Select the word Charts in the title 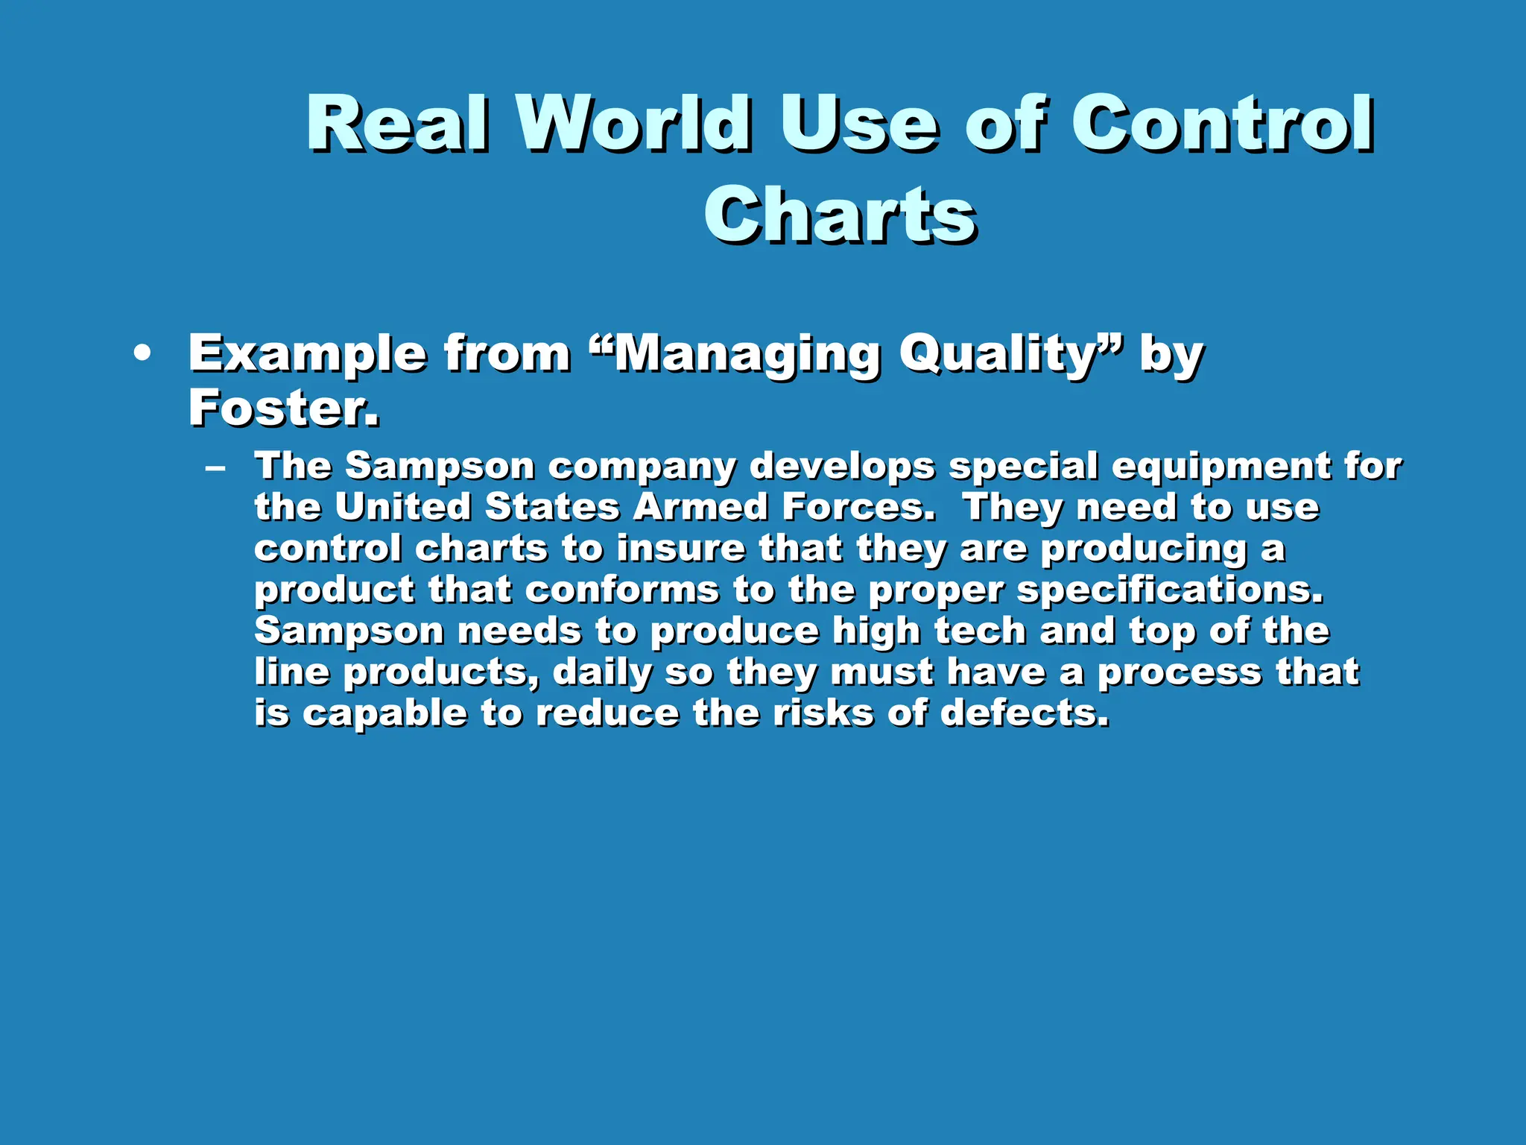click(840, 215)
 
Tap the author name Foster click(283, 409)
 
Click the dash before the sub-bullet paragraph click(215, 469)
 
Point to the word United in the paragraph click(402, 508)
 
